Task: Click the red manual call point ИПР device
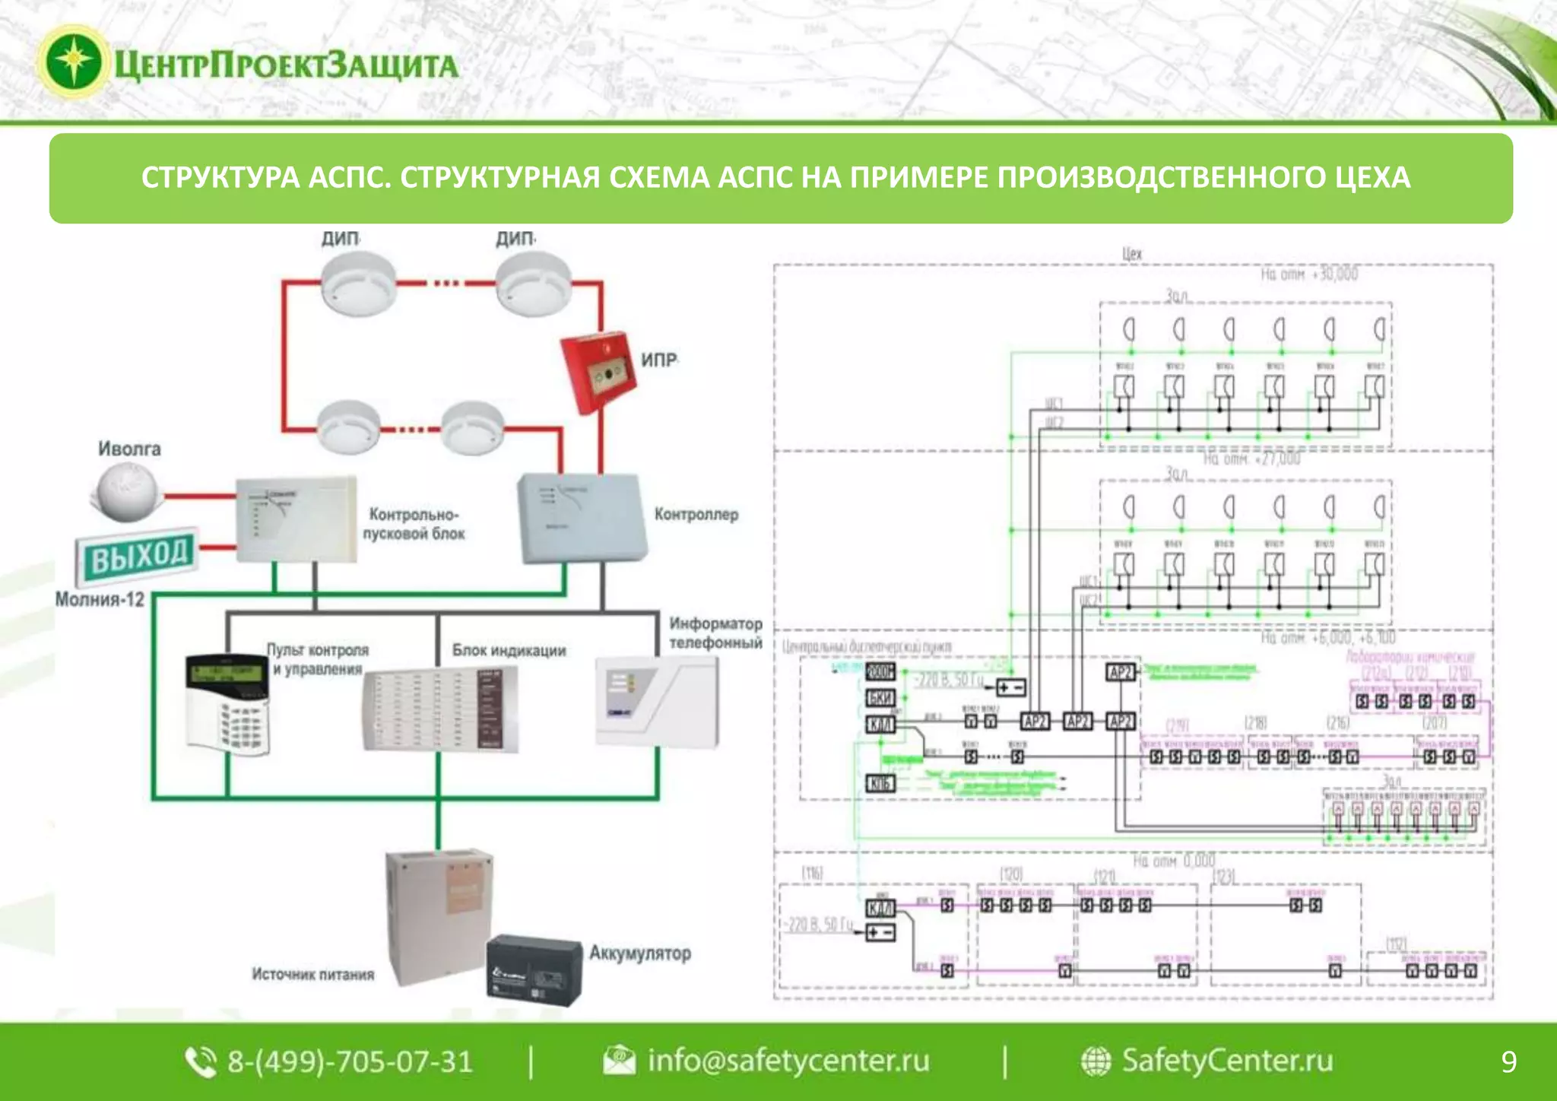coord(598,373)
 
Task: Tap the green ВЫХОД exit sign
coord(137,554)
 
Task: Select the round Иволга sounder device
coord(125,493)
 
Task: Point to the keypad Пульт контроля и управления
coord(228,703)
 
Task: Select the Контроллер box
coord(582,517)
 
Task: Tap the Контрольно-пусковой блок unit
coord(296,520)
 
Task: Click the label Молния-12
coord(100,599)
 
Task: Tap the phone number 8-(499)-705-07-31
coord(350,1061)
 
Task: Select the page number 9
coord(1508,1061)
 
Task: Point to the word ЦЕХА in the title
coord(1373,177)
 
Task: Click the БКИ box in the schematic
coord(880,697)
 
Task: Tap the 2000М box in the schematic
coord(880,671)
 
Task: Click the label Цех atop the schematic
coord(1132,253)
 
